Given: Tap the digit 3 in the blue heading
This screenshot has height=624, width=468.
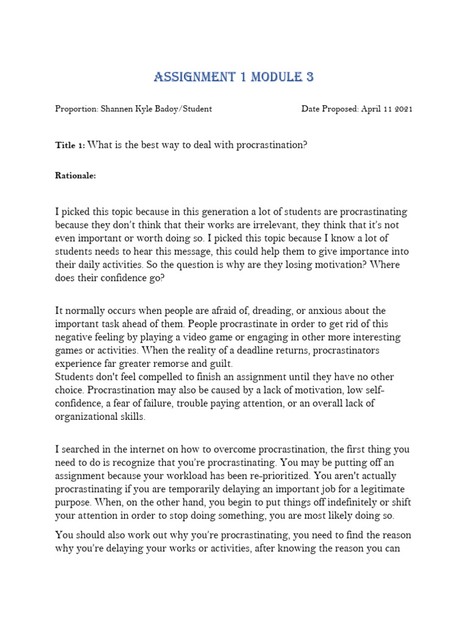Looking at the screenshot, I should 310,77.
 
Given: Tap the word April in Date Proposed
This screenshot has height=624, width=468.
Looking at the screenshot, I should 372,109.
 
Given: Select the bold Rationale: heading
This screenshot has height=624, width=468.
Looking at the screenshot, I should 76,175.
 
